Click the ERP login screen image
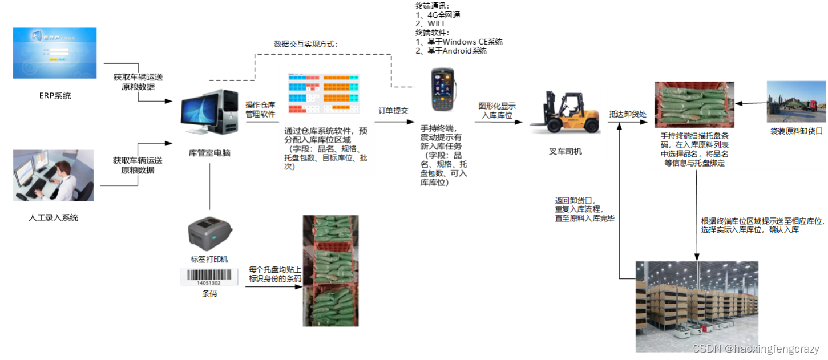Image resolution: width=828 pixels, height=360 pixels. point(54,53)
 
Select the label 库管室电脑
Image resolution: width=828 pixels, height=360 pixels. point(209,153)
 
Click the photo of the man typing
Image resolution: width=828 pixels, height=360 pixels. point(53,175)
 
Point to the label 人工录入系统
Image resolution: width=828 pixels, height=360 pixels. point(53,217)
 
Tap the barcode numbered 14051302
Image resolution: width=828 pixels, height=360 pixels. point(209,277)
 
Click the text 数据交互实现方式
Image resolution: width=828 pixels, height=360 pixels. point(306,44)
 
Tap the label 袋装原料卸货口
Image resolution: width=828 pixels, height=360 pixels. point(796,131)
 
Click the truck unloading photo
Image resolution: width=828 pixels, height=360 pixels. point(796,102)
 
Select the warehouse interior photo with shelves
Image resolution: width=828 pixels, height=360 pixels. point(697,306)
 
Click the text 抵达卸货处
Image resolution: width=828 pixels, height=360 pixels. point(628,114)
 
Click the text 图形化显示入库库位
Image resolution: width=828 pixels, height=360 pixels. point(497,111)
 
